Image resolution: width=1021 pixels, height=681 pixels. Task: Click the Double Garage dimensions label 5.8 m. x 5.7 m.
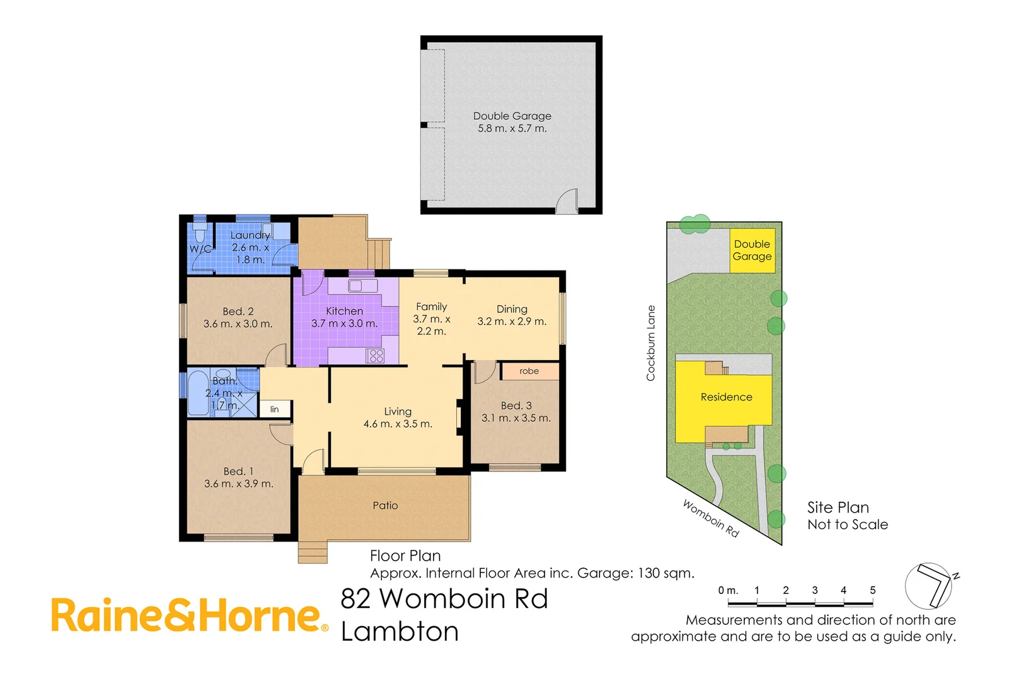512,129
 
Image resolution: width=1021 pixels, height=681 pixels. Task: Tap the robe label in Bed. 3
529,371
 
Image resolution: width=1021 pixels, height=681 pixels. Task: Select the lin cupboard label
275,409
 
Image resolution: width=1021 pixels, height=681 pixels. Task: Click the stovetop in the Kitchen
376,356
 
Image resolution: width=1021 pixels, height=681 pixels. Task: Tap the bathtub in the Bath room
198,393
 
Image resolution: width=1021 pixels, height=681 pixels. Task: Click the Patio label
385,506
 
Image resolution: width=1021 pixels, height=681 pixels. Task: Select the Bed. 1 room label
238,472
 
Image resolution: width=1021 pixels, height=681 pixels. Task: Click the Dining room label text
512,309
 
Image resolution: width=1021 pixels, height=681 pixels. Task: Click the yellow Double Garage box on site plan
752,250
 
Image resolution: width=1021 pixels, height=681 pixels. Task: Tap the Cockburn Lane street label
651,343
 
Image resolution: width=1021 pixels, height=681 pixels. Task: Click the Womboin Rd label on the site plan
710,518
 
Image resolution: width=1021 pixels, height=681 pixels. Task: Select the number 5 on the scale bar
873,590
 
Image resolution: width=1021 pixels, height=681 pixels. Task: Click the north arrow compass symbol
930,586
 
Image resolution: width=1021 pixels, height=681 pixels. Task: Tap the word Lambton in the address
400,632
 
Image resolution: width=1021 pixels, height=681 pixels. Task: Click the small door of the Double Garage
567,202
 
